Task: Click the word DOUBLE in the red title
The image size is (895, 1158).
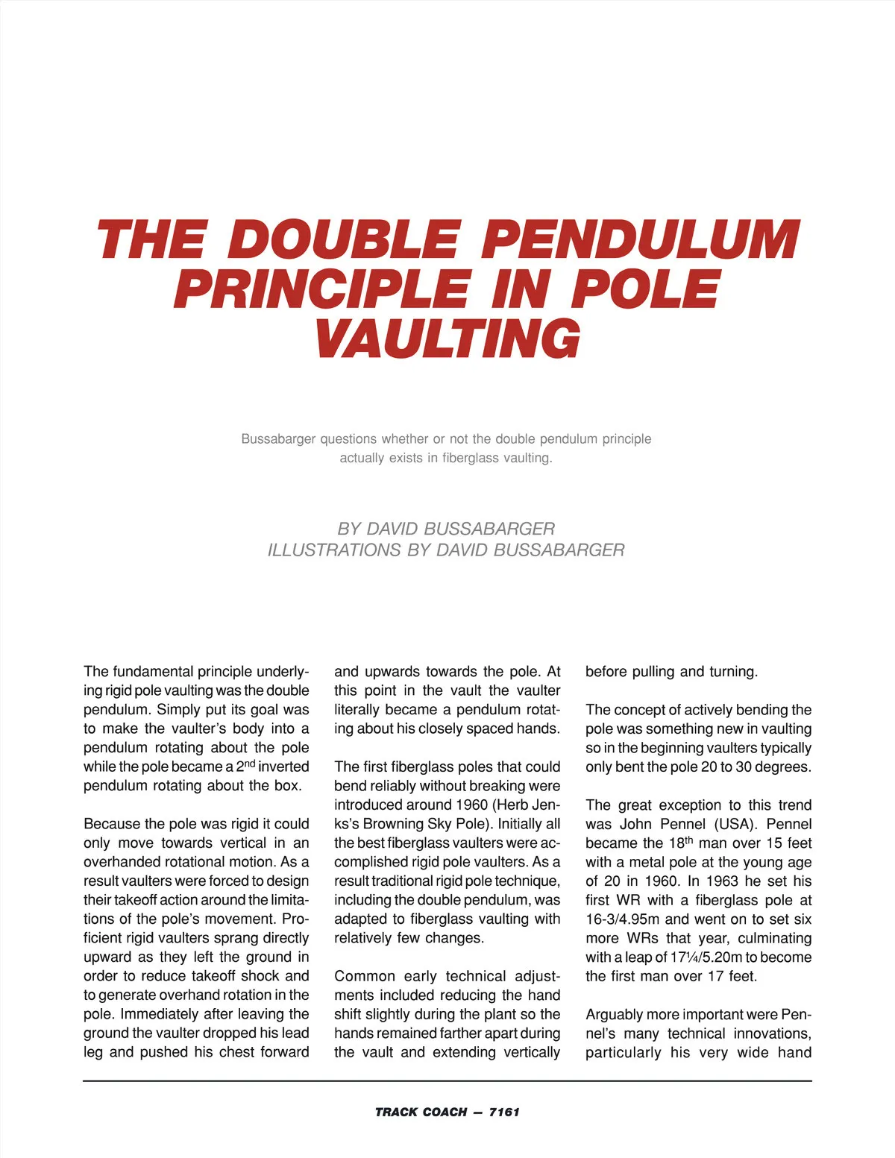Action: (342, 240)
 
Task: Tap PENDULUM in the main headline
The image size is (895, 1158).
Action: (639, 240)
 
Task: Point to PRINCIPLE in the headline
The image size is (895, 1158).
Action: (322, 289)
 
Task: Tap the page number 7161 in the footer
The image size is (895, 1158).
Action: (504, 1112)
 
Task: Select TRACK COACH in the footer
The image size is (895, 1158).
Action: (421, 1112)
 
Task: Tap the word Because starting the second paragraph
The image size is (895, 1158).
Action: (110, 824)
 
